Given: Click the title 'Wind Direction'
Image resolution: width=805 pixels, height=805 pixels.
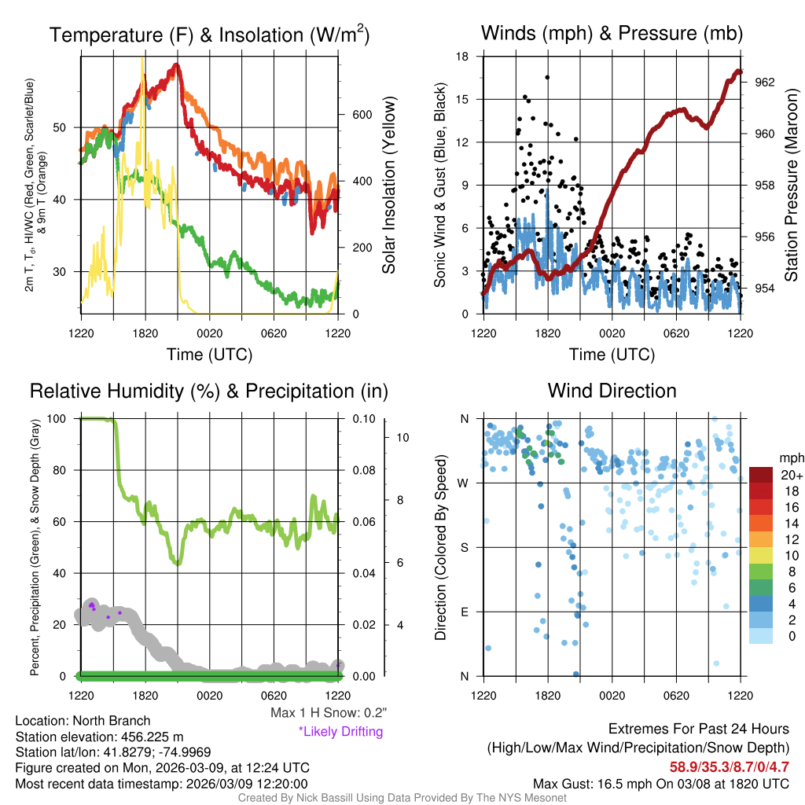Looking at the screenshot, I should pyautogui.click(x=612, y=391).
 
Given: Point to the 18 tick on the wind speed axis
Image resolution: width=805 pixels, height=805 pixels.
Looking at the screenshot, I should pyautogui.click(x=463, y=57).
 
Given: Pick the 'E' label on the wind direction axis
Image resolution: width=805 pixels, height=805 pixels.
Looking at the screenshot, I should pyautogui.click(x=465, y=612).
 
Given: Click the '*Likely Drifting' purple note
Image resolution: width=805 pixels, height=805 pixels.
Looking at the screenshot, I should pyautogui.click(x=340, y=731).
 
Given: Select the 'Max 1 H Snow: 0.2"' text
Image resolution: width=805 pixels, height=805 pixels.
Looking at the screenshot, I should pyautogui.click(x=328, y=713).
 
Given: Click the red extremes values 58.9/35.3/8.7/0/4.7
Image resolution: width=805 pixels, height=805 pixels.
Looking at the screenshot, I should pyautogui.click(x=730, y=766).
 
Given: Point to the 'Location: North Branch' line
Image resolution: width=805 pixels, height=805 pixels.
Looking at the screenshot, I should pyautogui.click(x=83, y=721).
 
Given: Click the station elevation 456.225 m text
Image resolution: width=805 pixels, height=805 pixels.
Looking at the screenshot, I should pyautogui.click(x=99, y=737).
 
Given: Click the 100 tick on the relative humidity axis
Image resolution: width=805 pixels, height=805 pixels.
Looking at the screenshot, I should pyautogui.click(x=66, y=418).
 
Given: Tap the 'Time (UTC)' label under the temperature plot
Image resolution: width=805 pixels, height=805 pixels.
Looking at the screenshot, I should pyautogui.click(x=209, y=355).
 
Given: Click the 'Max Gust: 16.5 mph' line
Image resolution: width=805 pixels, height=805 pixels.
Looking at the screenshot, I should pyautogui.click(x=661, y=783).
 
